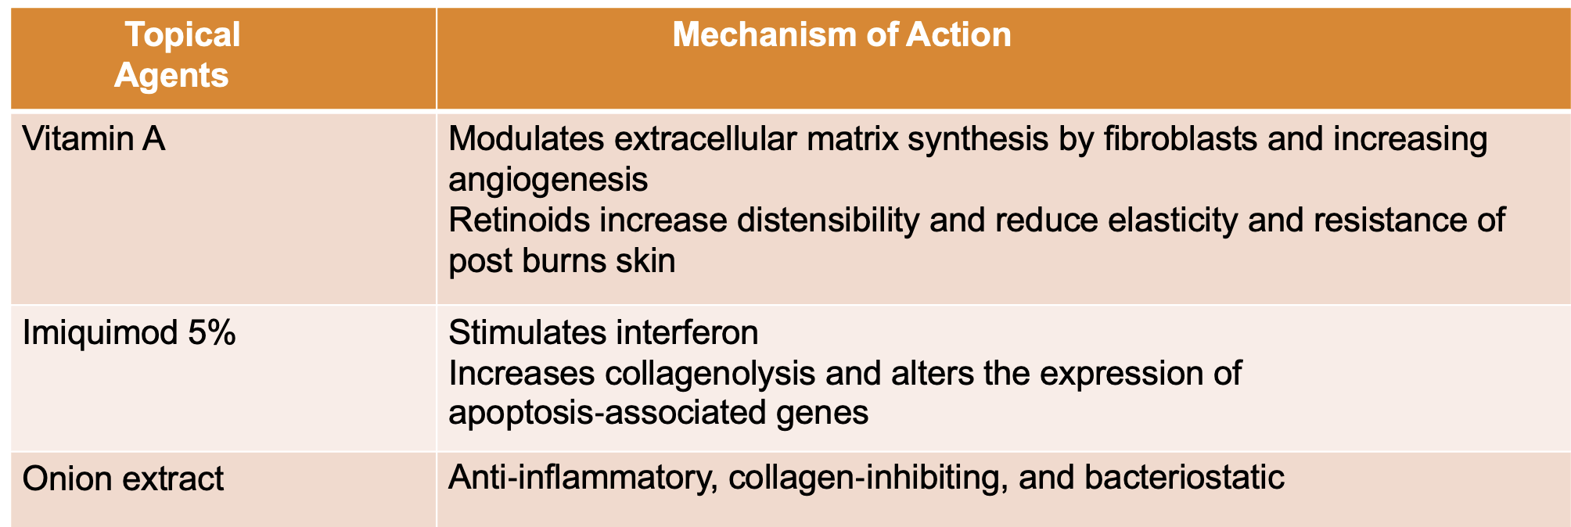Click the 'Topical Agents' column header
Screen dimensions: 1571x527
[177, 55]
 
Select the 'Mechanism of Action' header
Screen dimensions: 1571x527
[841, 34]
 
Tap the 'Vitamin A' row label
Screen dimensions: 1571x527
[94, 139]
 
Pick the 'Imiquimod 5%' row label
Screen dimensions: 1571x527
[129, 333]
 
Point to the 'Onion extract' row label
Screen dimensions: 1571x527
[123, 479]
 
